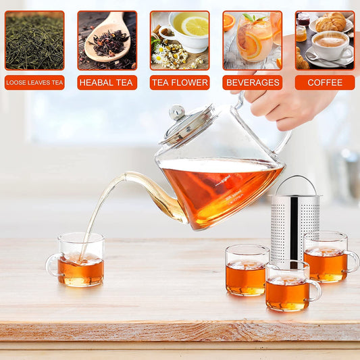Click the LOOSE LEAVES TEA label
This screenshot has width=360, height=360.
click(34, 82)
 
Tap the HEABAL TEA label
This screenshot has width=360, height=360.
click(107, 82)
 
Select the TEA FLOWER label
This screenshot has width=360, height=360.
click(180, 82)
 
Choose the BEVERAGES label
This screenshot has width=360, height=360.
click(253, 82)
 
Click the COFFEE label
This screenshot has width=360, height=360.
click(325, 82)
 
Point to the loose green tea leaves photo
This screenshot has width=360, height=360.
click(34, 41)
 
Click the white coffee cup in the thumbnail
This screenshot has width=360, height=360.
click(329, 43)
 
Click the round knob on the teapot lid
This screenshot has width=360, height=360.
click(177, 111)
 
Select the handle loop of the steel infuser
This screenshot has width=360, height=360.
click(294, 184)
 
